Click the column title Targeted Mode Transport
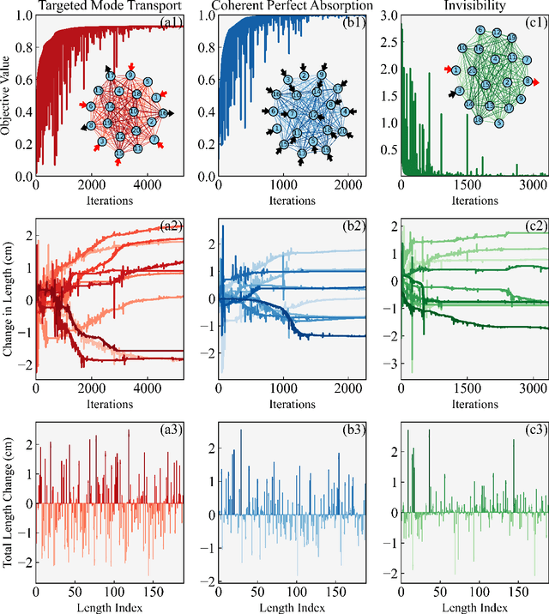click(x=108, y=7)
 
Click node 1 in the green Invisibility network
click(x=456, y=70)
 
